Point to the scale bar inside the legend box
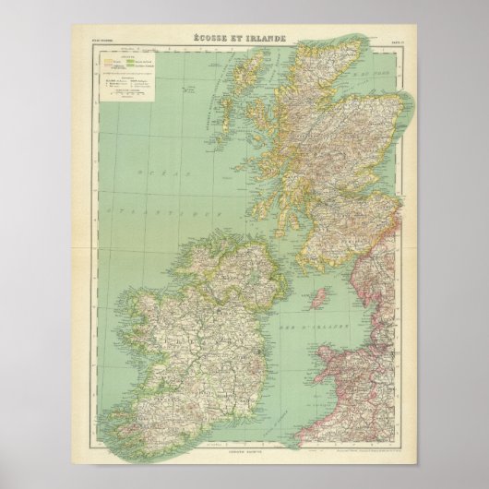[x=120, y=93]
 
